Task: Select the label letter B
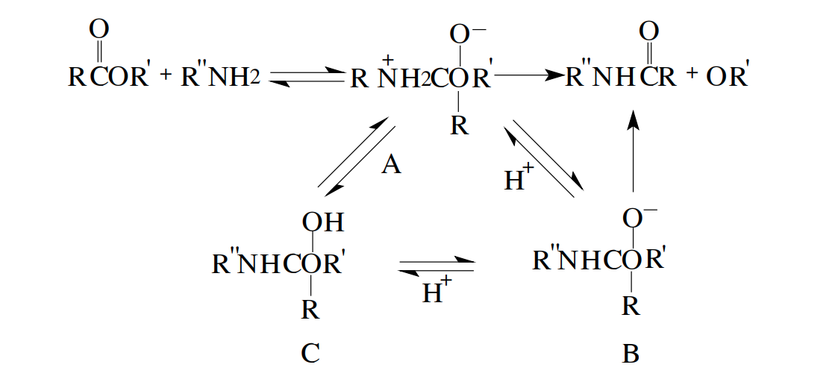pos(631,354)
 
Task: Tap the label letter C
pos(310,354)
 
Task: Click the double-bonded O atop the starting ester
pos(99,30)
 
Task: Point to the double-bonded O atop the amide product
pos(648,32)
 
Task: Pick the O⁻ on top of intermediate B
pos(640,217)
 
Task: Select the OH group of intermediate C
pos(323,222)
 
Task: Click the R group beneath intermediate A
pos(459,125)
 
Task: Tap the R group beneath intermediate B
pos(631,307)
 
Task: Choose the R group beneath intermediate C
pos(310,309)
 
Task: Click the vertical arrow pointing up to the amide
pos(633,151)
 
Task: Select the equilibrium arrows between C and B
pos(437,266)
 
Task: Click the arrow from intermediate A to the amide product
pos(531,76)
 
